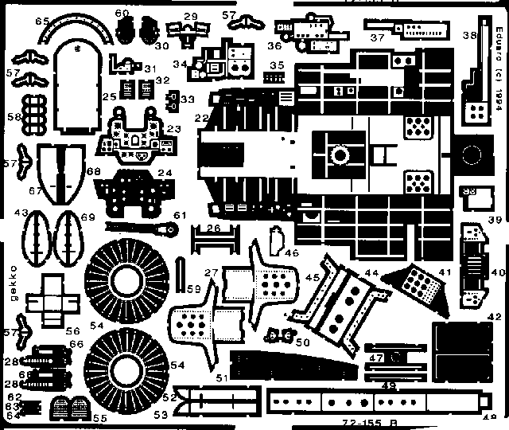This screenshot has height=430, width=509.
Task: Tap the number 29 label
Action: pyautogui.click(x=191, y=16)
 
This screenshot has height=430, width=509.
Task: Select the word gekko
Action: pyautogui.click(x=11, y=272)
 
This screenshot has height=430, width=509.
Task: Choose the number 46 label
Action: pyautogui.click(x=291, y=252)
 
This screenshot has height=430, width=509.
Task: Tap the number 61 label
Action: pyautogui.click(x=180, y=215)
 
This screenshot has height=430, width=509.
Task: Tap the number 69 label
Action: pyautogui.click(x=87, y=217)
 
